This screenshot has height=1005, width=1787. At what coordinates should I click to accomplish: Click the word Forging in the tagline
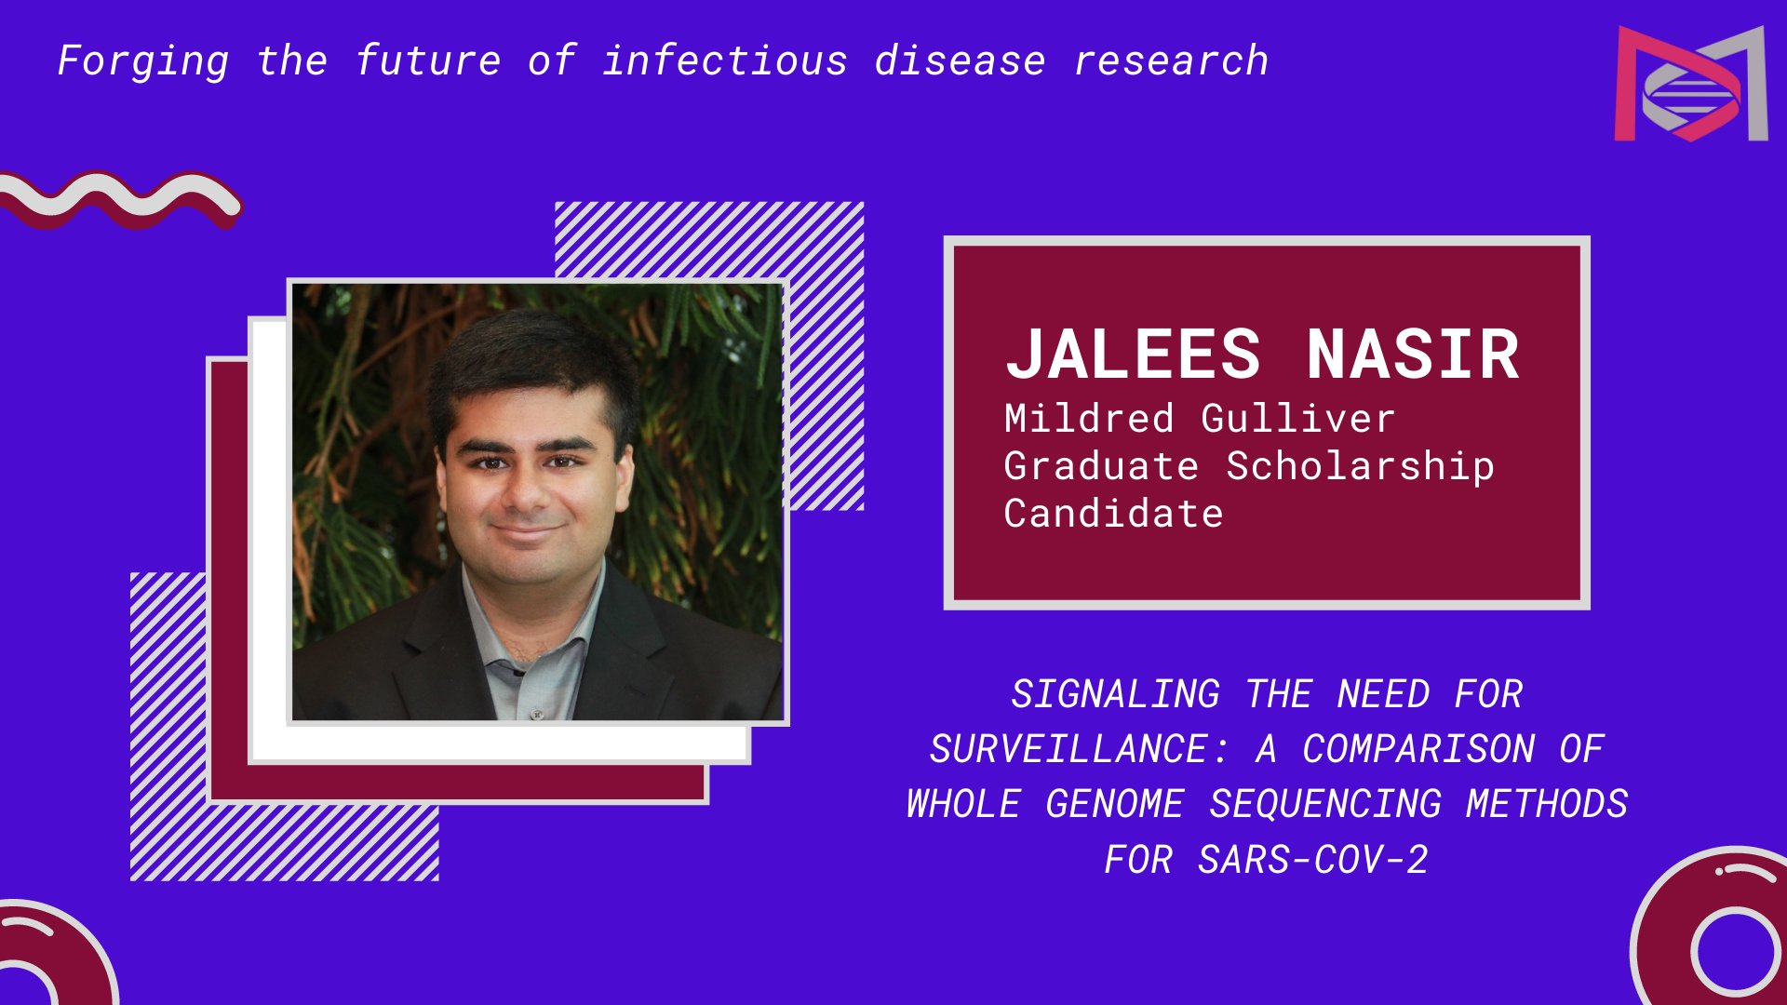(143, 62)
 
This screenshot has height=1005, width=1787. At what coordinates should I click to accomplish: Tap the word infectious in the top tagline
(725, 60)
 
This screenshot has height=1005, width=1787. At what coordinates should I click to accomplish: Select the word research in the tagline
(1171, 61)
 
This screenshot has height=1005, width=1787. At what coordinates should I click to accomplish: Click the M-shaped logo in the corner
(1691, 84)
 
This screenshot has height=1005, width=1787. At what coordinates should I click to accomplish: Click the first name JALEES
(1133, 355)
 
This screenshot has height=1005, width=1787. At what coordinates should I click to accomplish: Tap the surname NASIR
(1413, 355)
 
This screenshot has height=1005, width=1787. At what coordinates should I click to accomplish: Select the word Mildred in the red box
(1089, 419)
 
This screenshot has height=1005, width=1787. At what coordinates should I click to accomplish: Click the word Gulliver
(1298, 419)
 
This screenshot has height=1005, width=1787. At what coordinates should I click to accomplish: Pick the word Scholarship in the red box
(1360, 466)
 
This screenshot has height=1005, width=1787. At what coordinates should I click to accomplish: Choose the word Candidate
(1113, 514)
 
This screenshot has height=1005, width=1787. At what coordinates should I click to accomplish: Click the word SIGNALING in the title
(1115, 694)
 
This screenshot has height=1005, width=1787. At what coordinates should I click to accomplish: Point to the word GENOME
(1114, 804)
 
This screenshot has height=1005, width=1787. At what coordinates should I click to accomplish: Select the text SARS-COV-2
(1312, 860)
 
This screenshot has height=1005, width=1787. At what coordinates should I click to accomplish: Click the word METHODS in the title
(1547, 804)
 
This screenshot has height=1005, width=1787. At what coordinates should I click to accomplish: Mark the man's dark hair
(531, 372)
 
